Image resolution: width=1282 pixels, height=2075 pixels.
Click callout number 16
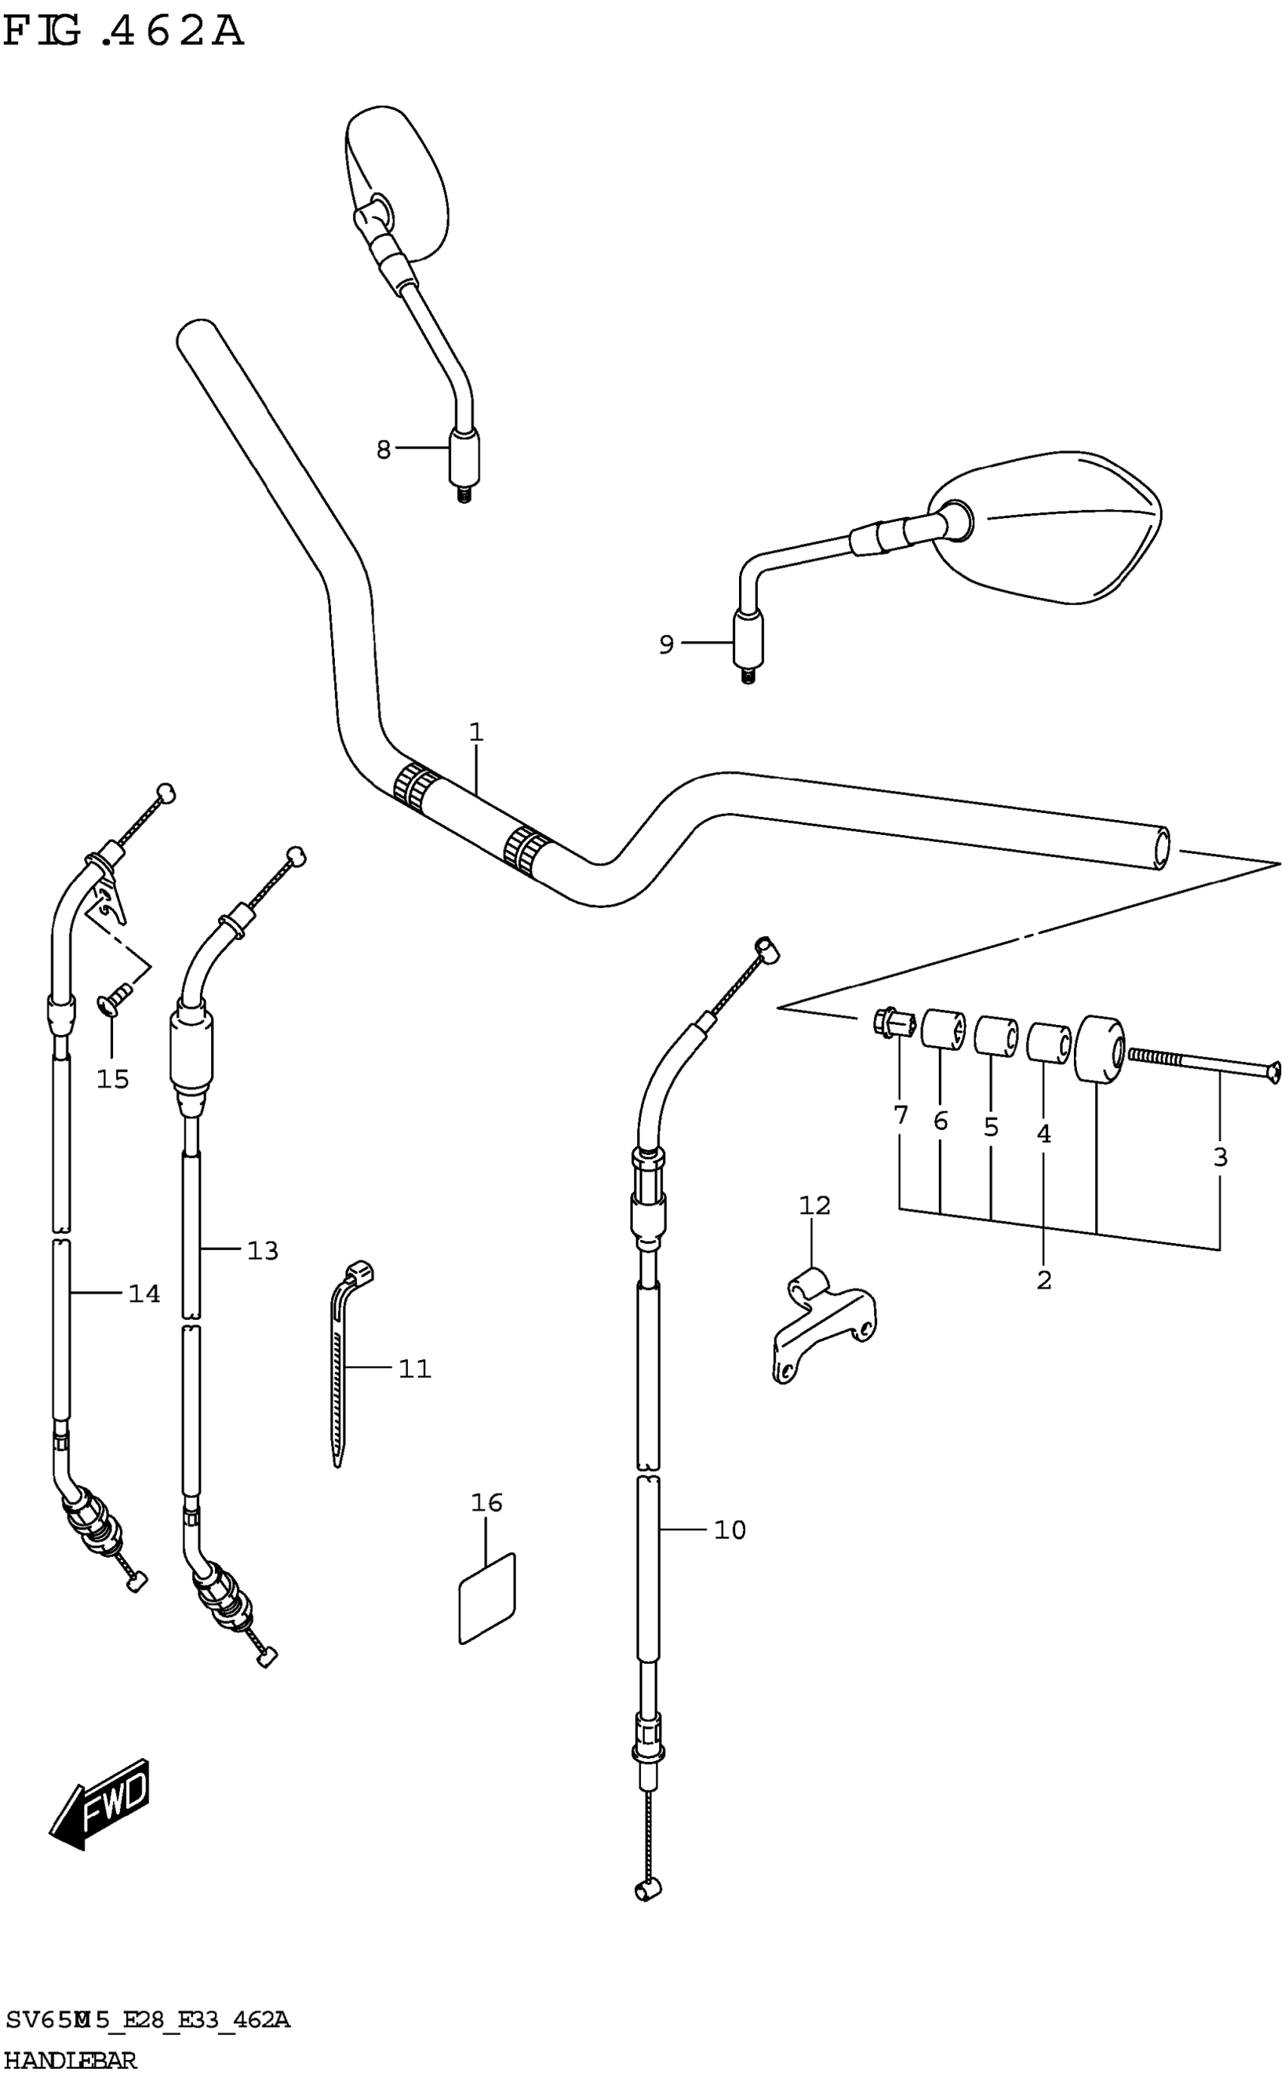click(x=486, y=1503)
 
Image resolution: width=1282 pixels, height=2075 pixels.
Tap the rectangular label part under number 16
click(x=486, y=1598)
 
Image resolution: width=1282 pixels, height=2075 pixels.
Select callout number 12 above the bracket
click(x=814, y=1205)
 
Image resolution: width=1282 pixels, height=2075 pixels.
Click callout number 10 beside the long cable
click(x=729, y=1530)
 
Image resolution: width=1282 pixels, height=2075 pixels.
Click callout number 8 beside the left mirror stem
click(x=383, y=450)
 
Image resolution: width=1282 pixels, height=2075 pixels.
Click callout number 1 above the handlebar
click(x=476, y=732)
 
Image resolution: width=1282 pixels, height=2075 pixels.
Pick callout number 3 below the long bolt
click(x=1220, y=1156)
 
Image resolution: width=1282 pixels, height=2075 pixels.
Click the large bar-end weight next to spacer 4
click(x=1099, y=1048)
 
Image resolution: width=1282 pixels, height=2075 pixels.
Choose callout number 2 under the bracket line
click(x=1044, y=1279)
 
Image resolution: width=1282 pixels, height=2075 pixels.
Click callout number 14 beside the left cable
click(x=144, y=1293)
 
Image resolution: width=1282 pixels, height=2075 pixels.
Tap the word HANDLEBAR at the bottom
click(x=69, y=2060)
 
